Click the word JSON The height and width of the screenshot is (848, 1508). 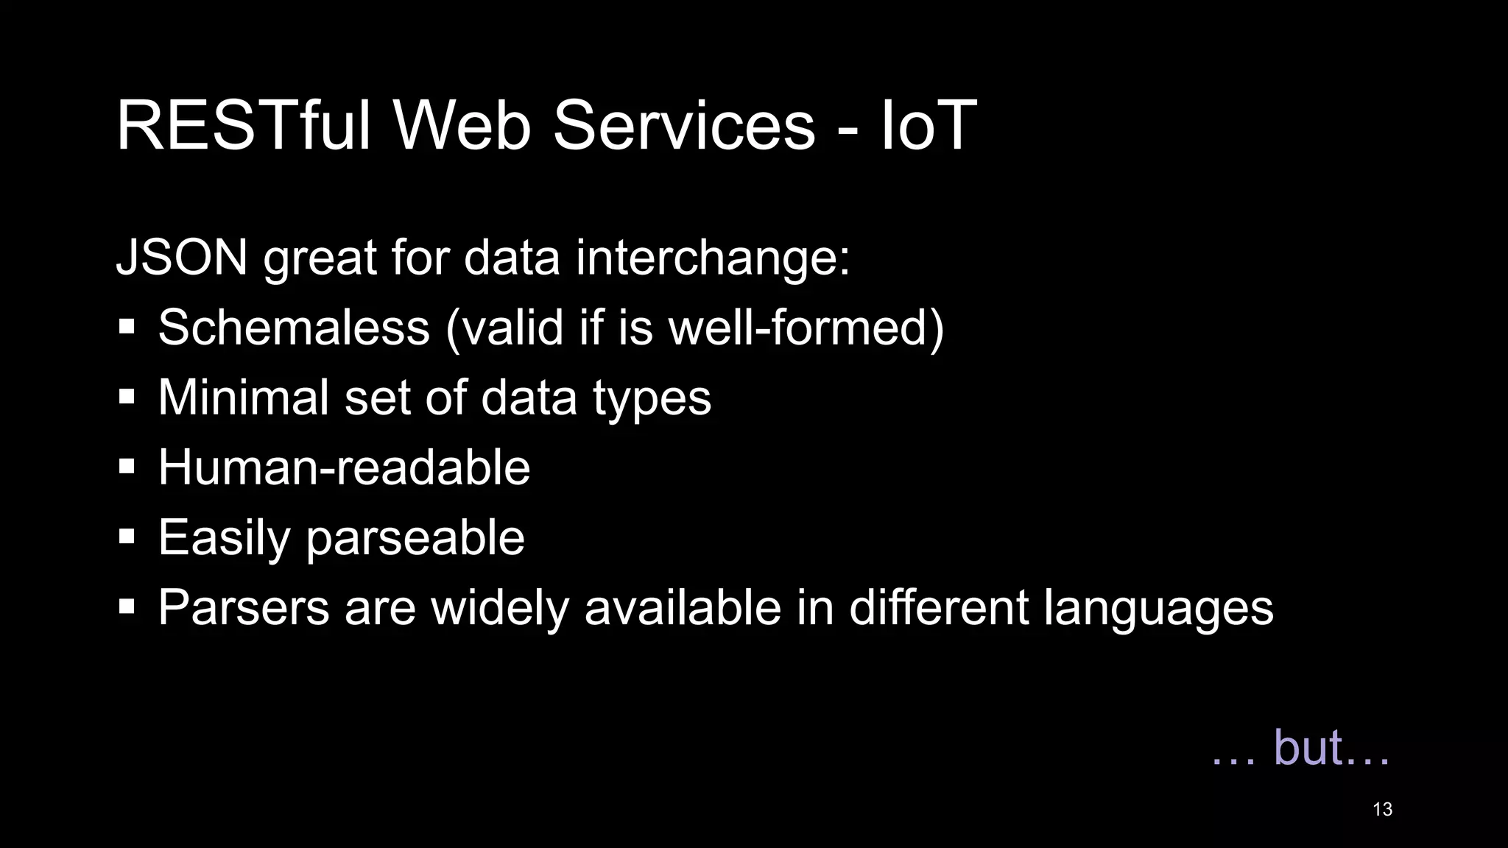click(182, 258)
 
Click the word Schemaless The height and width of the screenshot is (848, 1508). click(294, 327)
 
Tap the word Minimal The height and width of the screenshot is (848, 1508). click(243, 397)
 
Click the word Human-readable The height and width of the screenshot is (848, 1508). click(344, 467)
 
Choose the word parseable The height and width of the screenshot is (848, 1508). click(415, 538)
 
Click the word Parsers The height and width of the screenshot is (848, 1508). click(244, 607)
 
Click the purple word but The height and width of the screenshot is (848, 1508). click(1308, 747)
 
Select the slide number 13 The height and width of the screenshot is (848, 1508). click(1382, 810)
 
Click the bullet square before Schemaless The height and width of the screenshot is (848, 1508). click(127, 327)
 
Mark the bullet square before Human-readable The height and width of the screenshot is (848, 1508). click(127, 467)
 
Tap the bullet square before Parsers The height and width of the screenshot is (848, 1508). click(127, 607)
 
